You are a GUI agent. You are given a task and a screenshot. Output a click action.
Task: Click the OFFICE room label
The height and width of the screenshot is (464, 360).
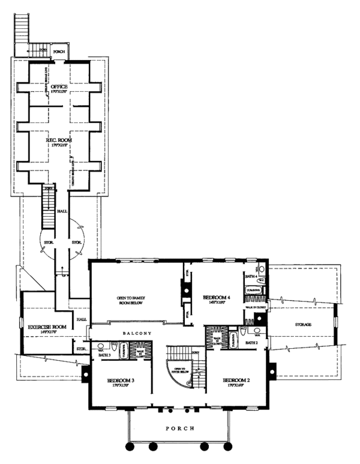pos(59,88)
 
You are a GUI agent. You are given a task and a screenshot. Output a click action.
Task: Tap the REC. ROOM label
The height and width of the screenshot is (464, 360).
pos(59,140)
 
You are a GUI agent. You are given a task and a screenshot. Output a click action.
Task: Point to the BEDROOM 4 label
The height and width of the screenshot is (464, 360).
pos(217,297)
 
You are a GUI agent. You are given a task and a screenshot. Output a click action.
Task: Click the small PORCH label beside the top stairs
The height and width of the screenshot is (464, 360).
pos(59,52)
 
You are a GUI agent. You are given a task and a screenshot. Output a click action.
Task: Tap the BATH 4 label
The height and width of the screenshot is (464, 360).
pos(251,276)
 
